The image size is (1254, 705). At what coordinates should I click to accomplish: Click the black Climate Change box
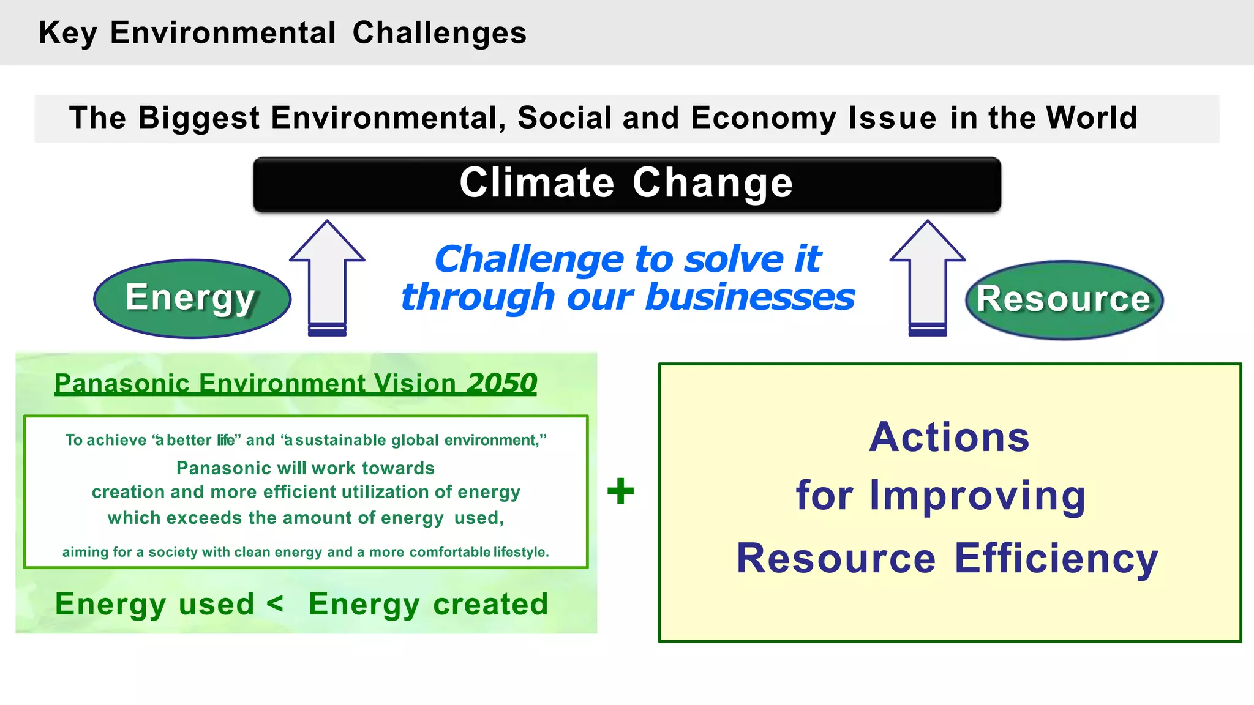(x=627, y=184)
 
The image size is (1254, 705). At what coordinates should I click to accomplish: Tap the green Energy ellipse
(x=191, y=298)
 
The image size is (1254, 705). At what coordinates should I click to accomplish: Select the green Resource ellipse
(x=1064, y=300)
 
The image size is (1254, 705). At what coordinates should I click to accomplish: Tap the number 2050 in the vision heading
(x=502, y=384)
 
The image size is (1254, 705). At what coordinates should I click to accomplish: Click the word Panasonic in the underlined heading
(x=122, y=384)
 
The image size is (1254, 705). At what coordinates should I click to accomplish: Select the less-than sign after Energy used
(x=275, y=603)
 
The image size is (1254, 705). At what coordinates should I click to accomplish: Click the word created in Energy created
(x=490, y=604)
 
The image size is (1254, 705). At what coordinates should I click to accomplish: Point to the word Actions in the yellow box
(x=949, y=438)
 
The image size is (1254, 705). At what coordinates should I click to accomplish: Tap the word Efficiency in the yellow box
(x=1056, y=558)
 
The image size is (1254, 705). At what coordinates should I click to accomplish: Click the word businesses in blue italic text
(x=750, y=297)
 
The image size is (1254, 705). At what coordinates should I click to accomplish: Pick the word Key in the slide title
(x=67, y=33)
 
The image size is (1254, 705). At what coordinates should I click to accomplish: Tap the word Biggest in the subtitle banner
(x=199, y=117)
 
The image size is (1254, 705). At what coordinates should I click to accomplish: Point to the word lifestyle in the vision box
(x=520, y=552)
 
